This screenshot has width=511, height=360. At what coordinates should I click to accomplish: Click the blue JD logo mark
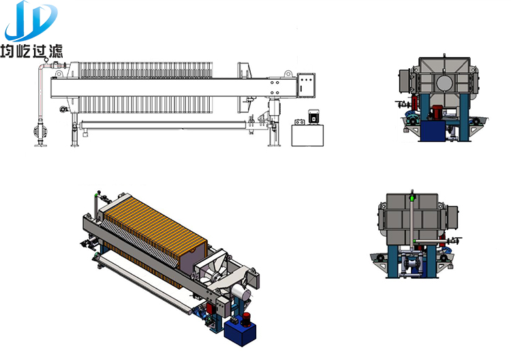[31, 20]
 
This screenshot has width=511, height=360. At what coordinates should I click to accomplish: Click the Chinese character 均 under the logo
[7, 51]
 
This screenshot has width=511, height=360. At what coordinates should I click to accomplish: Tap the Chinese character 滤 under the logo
[55, 51]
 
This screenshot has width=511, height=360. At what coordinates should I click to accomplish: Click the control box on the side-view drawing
[307, 85]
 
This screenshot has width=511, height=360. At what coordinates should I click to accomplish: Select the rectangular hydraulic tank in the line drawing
[308, 135]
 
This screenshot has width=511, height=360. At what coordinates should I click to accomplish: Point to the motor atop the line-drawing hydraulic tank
[313, 117]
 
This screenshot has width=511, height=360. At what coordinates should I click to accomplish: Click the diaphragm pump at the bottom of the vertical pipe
[41, 132]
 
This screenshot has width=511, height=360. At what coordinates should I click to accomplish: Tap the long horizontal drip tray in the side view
[163, 125]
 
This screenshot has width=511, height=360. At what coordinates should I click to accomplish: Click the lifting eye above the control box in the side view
[288, 74]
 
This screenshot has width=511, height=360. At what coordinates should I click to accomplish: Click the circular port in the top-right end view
[444, 82]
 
